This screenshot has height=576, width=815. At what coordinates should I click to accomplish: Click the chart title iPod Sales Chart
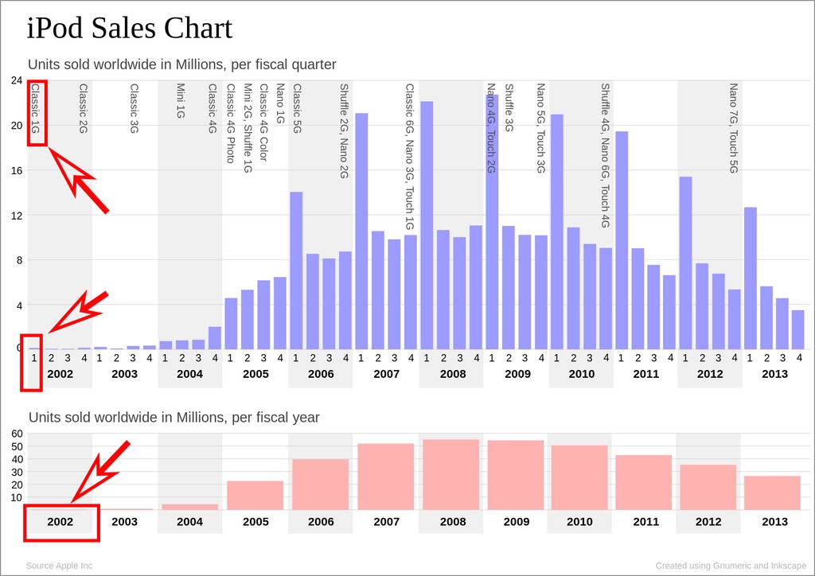[x=130, y=29]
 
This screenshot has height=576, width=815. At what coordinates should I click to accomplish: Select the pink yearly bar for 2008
[x=450, y=474]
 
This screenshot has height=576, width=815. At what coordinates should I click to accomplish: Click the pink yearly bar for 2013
[x=772, y=492]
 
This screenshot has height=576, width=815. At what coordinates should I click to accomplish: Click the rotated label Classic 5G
[x=297, y=108]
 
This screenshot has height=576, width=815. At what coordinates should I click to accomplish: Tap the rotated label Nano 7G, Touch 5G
[x=733, y=128]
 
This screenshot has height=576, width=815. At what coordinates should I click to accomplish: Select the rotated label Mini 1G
[x=181, y=101]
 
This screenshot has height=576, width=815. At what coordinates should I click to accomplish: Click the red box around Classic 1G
[x=37, y=112]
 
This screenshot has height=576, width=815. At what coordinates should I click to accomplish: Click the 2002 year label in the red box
[x=60, y=522]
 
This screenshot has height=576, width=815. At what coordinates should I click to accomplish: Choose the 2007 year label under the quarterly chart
[x=386, y=374]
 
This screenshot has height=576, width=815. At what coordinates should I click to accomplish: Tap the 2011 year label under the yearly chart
[x=645, y=522]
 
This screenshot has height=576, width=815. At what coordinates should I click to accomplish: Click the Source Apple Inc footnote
[x=59, y=566]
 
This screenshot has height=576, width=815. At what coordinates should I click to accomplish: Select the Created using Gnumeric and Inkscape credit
[x=729, y=566]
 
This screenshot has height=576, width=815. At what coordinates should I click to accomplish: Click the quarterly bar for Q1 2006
[x=296, y=270]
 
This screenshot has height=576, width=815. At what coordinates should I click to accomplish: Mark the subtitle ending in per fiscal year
[x=174, y=418]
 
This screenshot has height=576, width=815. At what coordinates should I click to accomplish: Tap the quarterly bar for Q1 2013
[x=750, y=278]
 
